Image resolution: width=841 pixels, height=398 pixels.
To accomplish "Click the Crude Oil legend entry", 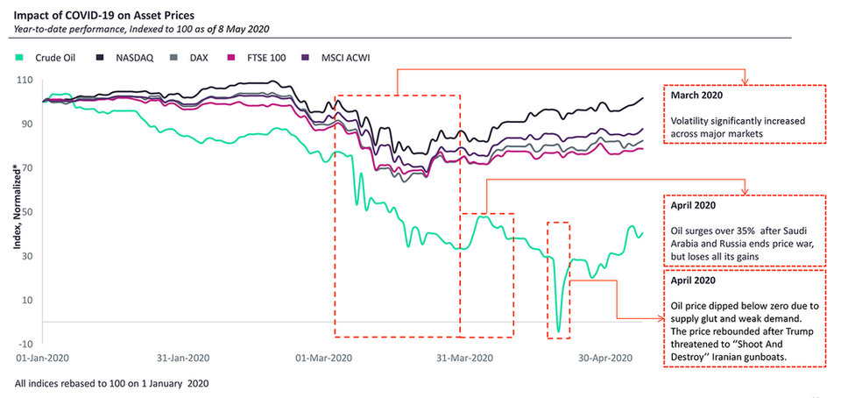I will (46, 58).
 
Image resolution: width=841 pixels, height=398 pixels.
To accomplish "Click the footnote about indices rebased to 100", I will (111, 384).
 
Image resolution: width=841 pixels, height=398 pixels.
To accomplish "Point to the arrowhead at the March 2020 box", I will (743, 83).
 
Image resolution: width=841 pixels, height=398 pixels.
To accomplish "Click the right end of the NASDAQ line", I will (642, 98).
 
